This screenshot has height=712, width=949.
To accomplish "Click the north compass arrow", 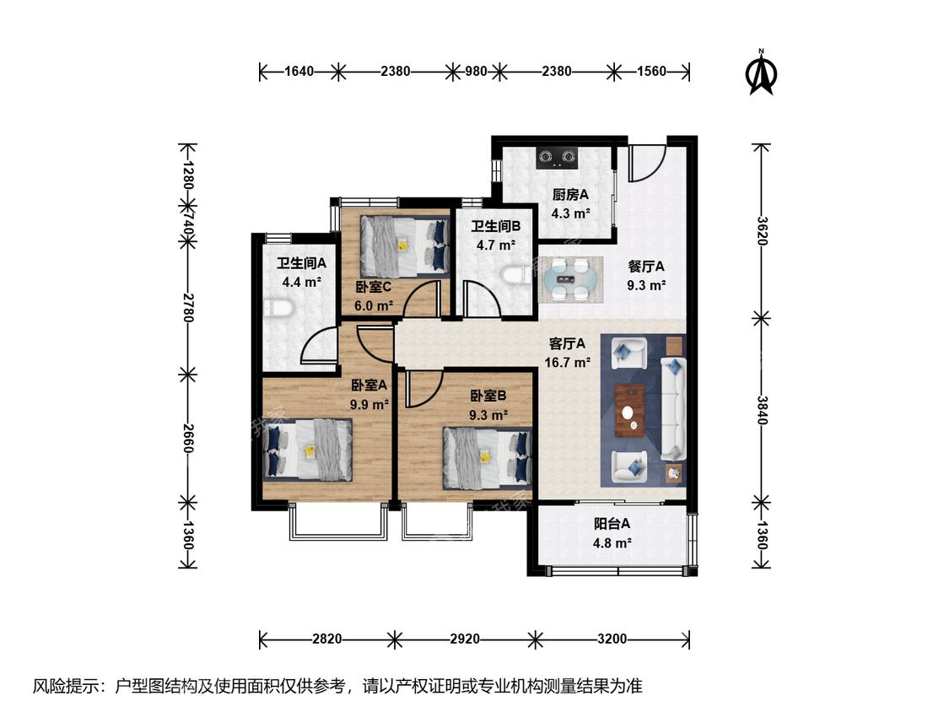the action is (762, 74).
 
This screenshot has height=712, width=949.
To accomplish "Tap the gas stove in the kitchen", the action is (558, 158).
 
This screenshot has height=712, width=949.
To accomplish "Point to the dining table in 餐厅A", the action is (570, 280).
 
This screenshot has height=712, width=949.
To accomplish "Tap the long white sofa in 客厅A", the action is (672, 408).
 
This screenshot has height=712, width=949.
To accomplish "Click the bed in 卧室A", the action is (308, 450).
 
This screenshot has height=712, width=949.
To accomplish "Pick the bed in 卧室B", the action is (488, 458).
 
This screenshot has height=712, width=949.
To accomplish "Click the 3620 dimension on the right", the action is (762, 230).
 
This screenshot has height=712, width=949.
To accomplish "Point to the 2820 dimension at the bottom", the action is (326, 639).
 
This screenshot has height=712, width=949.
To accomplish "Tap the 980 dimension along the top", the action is (476, 72).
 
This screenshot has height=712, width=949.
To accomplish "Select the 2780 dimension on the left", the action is (187, 308).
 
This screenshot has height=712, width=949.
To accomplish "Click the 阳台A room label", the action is (612, 524).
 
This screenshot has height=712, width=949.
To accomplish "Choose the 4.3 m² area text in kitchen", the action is (570, 213).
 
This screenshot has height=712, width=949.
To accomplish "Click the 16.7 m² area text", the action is (567, 363).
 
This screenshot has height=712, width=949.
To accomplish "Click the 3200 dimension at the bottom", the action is (612, 639).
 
